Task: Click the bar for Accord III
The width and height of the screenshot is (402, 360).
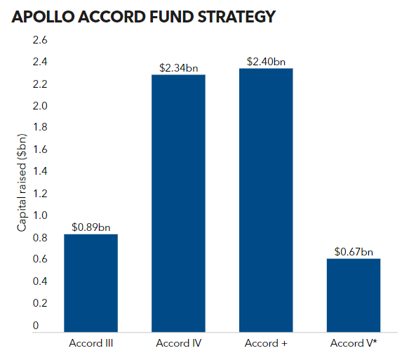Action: pos(91,283)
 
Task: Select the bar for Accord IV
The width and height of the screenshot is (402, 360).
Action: pos(178,203)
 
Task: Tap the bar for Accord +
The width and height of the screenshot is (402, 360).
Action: pos(266,201)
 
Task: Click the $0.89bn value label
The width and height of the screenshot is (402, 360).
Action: pos(91,227)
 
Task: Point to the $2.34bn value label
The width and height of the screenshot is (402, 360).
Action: pos(178,68)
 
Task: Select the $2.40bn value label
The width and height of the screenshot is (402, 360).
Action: pos(266,62)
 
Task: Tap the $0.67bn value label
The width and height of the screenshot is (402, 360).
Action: pos(354,251)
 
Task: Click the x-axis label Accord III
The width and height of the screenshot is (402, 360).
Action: pos(91,343)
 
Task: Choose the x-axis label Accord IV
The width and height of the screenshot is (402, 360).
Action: pos(178,343)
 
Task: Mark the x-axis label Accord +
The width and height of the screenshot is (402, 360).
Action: pos(266,343)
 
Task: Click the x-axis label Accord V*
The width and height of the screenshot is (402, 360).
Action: pos(354,343)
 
